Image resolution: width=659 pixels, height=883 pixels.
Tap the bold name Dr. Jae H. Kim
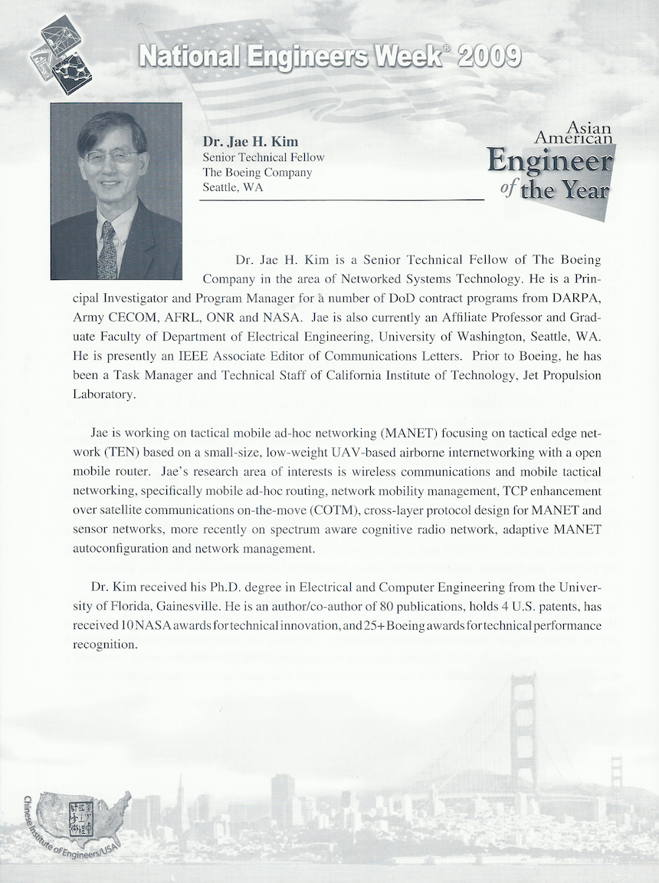point(250,142)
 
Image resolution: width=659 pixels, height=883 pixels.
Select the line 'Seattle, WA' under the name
point(232,187)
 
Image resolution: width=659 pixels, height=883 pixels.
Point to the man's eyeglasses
point(111,157)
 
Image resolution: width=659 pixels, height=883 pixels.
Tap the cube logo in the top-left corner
point(61,54)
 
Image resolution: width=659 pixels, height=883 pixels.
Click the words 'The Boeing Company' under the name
point(257,172)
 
